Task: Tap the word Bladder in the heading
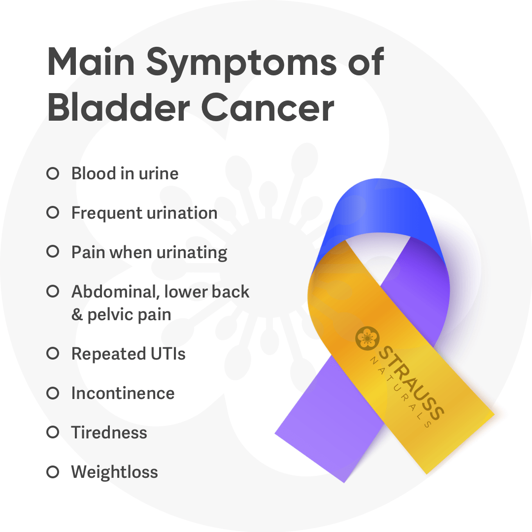119,107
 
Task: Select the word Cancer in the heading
267,107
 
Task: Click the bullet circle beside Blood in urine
53,173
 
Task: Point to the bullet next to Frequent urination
53,213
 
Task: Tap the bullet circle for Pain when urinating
53,252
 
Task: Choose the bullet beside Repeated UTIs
53,354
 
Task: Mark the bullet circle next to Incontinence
53,393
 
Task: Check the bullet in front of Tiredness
53,432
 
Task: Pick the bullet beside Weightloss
53,472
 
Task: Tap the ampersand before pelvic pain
77,314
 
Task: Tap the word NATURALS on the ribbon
400,392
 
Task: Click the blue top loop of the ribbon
377,207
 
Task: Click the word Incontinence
123,393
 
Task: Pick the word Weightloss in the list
115,472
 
